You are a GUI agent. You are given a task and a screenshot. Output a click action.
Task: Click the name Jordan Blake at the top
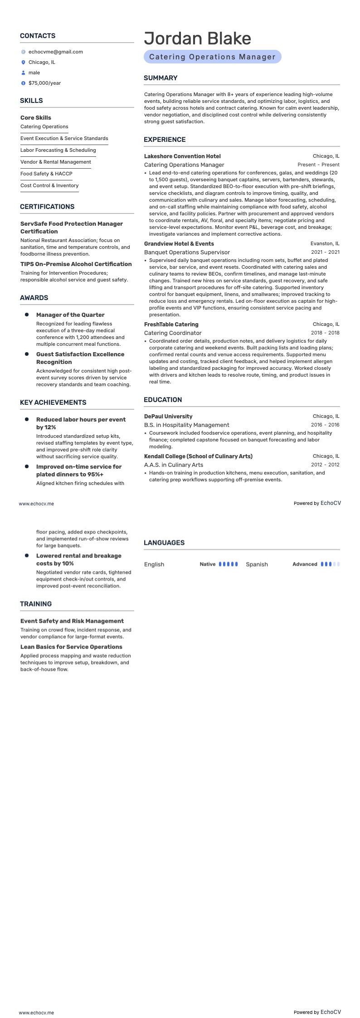point(197,39)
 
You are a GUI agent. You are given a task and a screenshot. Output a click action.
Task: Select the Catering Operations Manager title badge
point(212,57)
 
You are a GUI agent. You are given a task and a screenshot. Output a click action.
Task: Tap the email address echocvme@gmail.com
point(55,52)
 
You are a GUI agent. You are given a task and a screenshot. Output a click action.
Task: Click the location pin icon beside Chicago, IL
point(23,62)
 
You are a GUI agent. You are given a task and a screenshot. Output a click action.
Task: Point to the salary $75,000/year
point(44,83)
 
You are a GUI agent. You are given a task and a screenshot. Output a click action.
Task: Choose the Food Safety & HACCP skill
point(46,174)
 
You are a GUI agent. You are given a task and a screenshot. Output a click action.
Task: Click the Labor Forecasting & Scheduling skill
point(58,150)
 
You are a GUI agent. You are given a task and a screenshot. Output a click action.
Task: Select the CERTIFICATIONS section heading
point(47,207)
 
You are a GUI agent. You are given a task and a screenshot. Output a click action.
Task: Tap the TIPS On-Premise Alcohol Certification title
point(76,264)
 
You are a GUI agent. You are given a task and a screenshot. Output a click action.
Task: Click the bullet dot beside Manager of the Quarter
point(27,315)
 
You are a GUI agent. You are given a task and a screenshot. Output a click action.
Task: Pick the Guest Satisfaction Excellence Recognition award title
point(80,358)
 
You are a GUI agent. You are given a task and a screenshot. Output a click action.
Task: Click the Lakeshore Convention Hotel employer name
point(182,156)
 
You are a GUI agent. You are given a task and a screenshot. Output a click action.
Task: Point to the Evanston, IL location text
point(325,243)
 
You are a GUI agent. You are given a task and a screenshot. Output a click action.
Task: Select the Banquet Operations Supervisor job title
point(187,252)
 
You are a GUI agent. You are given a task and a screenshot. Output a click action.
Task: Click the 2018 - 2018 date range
point(325,333)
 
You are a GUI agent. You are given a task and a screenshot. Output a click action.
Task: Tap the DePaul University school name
point(168,416)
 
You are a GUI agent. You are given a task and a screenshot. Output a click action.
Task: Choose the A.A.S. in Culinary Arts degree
point(174,465)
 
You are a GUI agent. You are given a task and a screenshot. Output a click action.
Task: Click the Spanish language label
point(257,564)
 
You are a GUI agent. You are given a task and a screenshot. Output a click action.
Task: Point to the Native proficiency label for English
point(207,564)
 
